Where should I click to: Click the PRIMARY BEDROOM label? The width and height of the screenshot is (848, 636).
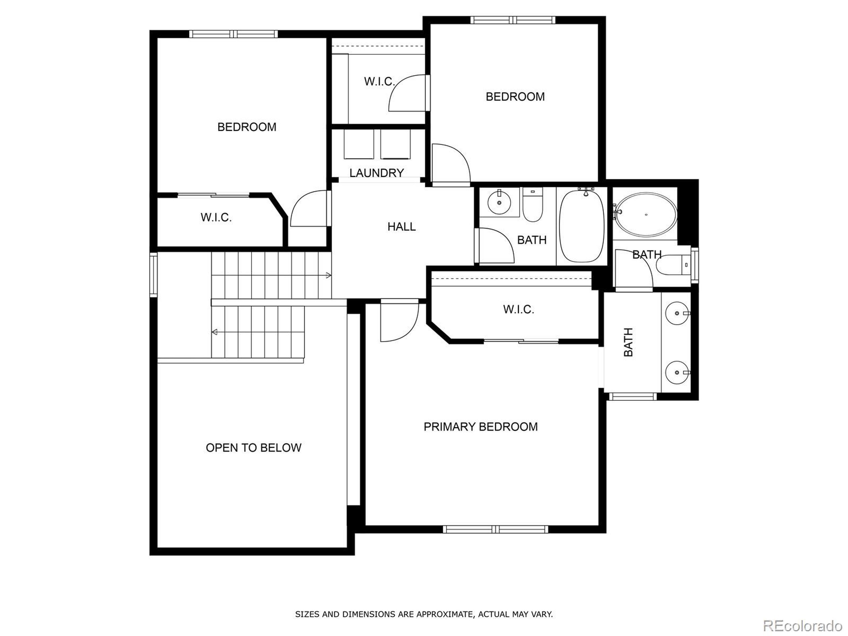[x=480, y=427]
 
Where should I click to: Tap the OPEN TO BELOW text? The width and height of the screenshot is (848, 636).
[x=253, y=448]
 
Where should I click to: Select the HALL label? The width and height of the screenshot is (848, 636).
[x=401, y=227]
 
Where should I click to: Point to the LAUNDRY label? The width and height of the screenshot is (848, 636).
[x=376, y=173]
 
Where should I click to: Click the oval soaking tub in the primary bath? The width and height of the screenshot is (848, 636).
[x=646, y=215]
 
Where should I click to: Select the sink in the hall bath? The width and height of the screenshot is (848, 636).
[x=499, y=202]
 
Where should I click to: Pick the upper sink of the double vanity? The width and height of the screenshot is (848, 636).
[x=677, y=313]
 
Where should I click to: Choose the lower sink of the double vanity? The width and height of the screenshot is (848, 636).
[x=677, y=372]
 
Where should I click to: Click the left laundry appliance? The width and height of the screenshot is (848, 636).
[x=359, y=144]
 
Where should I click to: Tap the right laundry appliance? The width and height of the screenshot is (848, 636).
[x=396, y=144]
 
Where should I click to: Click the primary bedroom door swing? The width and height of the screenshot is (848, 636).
[x=399, y=321]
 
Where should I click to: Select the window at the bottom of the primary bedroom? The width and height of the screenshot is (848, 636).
[x=495, y=529]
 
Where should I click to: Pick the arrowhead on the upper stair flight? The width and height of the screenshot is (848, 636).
[x=328, y=275]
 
